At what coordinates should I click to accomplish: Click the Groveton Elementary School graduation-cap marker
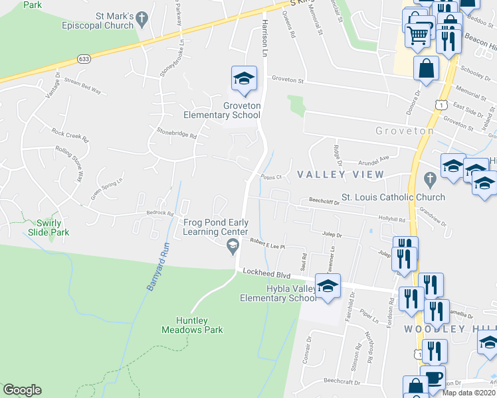coord(244,79)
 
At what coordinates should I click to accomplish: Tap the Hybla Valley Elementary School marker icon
coord(327,287)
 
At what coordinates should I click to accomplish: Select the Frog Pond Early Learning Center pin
coord(233,247)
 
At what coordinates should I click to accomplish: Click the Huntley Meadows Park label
coord(193,324)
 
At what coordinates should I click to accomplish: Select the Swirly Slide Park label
coord(49,228)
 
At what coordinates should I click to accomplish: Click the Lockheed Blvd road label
coord(268,272)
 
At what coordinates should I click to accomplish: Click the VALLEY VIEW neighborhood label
coord(340,174)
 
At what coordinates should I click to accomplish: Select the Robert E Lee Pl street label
coord(267,245)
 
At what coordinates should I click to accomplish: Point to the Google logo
coord(22,390)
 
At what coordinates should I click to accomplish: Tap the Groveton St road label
coord(287,81)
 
